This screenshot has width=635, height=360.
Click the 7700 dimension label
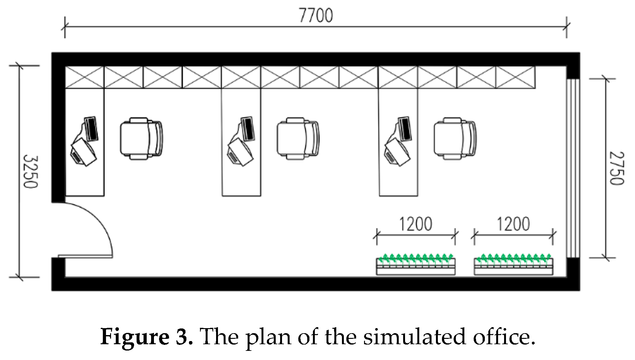[316, 16]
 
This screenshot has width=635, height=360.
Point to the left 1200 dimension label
[416, 224]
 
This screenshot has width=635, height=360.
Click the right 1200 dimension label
[513, 224]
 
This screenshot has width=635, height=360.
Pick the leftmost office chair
[141, 138]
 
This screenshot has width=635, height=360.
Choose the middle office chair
[298, 138]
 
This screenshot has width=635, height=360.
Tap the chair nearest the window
[455, 138]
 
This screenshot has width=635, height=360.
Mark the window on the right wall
[573, 168]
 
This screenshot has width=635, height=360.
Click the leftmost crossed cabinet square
[85, 77]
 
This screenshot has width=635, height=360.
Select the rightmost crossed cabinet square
[515, 77]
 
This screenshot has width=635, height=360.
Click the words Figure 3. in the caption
[147, 337]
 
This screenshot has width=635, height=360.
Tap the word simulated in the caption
[414, 337]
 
